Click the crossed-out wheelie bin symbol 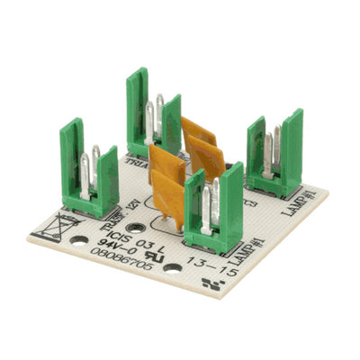[x=59, y=226]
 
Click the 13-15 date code [x=213, y=265]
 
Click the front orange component [x=167, y=184]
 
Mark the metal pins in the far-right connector [x=272, y=148]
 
